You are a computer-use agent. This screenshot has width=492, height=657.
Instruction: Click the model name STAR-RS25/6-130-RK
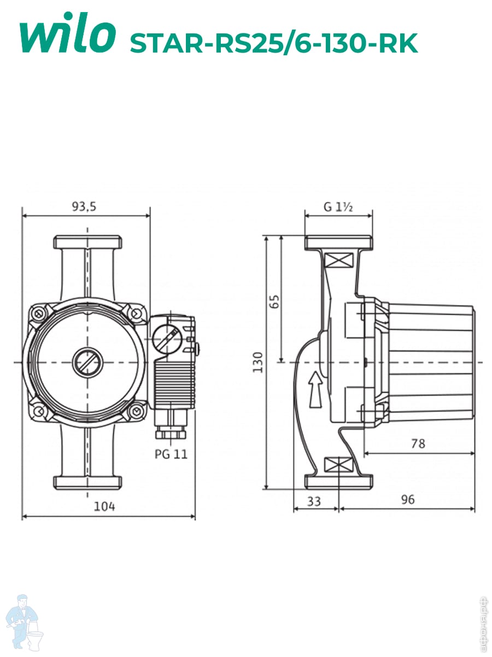tap(274, 43)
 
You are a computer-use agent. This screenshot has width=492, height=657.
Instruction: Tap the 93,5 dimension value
tap(84, 206)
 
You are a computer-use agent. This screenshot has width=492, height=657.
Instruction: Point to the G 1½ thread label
tap(338, 207)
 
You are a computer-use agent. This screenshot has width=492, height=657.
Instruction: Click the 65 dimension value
tap(274, 301)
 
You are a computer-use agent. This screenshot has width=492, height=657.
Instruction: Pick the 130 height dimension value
tap(257, 362)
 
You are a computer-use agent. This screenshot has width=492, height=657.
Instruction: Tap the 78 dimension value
tap(418, 443)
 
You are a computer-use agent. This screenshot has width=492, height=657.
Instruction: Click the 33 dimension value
tap(314, 502)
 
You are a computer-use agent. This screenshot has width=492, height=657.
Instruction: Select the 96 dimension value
tap(408, 499)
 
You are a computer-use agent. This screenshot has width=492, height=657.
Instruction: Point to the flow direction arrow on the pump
tap(315, 389)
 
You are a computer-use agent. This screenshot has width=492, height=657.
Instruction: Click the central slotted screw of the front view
tap(87, 362)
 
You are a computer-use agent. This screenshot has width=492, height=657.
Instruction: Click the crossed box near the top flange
tap(338, 260)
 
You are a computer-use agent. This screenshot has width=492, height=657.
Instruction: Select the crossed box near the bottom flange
tap(338, 465)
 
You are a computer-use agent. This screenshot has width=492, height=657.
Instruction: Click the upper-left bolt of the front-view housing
tap(38, 313)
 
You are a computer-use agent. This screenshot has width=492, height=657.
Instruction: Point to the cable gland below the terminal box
tap(170, 428)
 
